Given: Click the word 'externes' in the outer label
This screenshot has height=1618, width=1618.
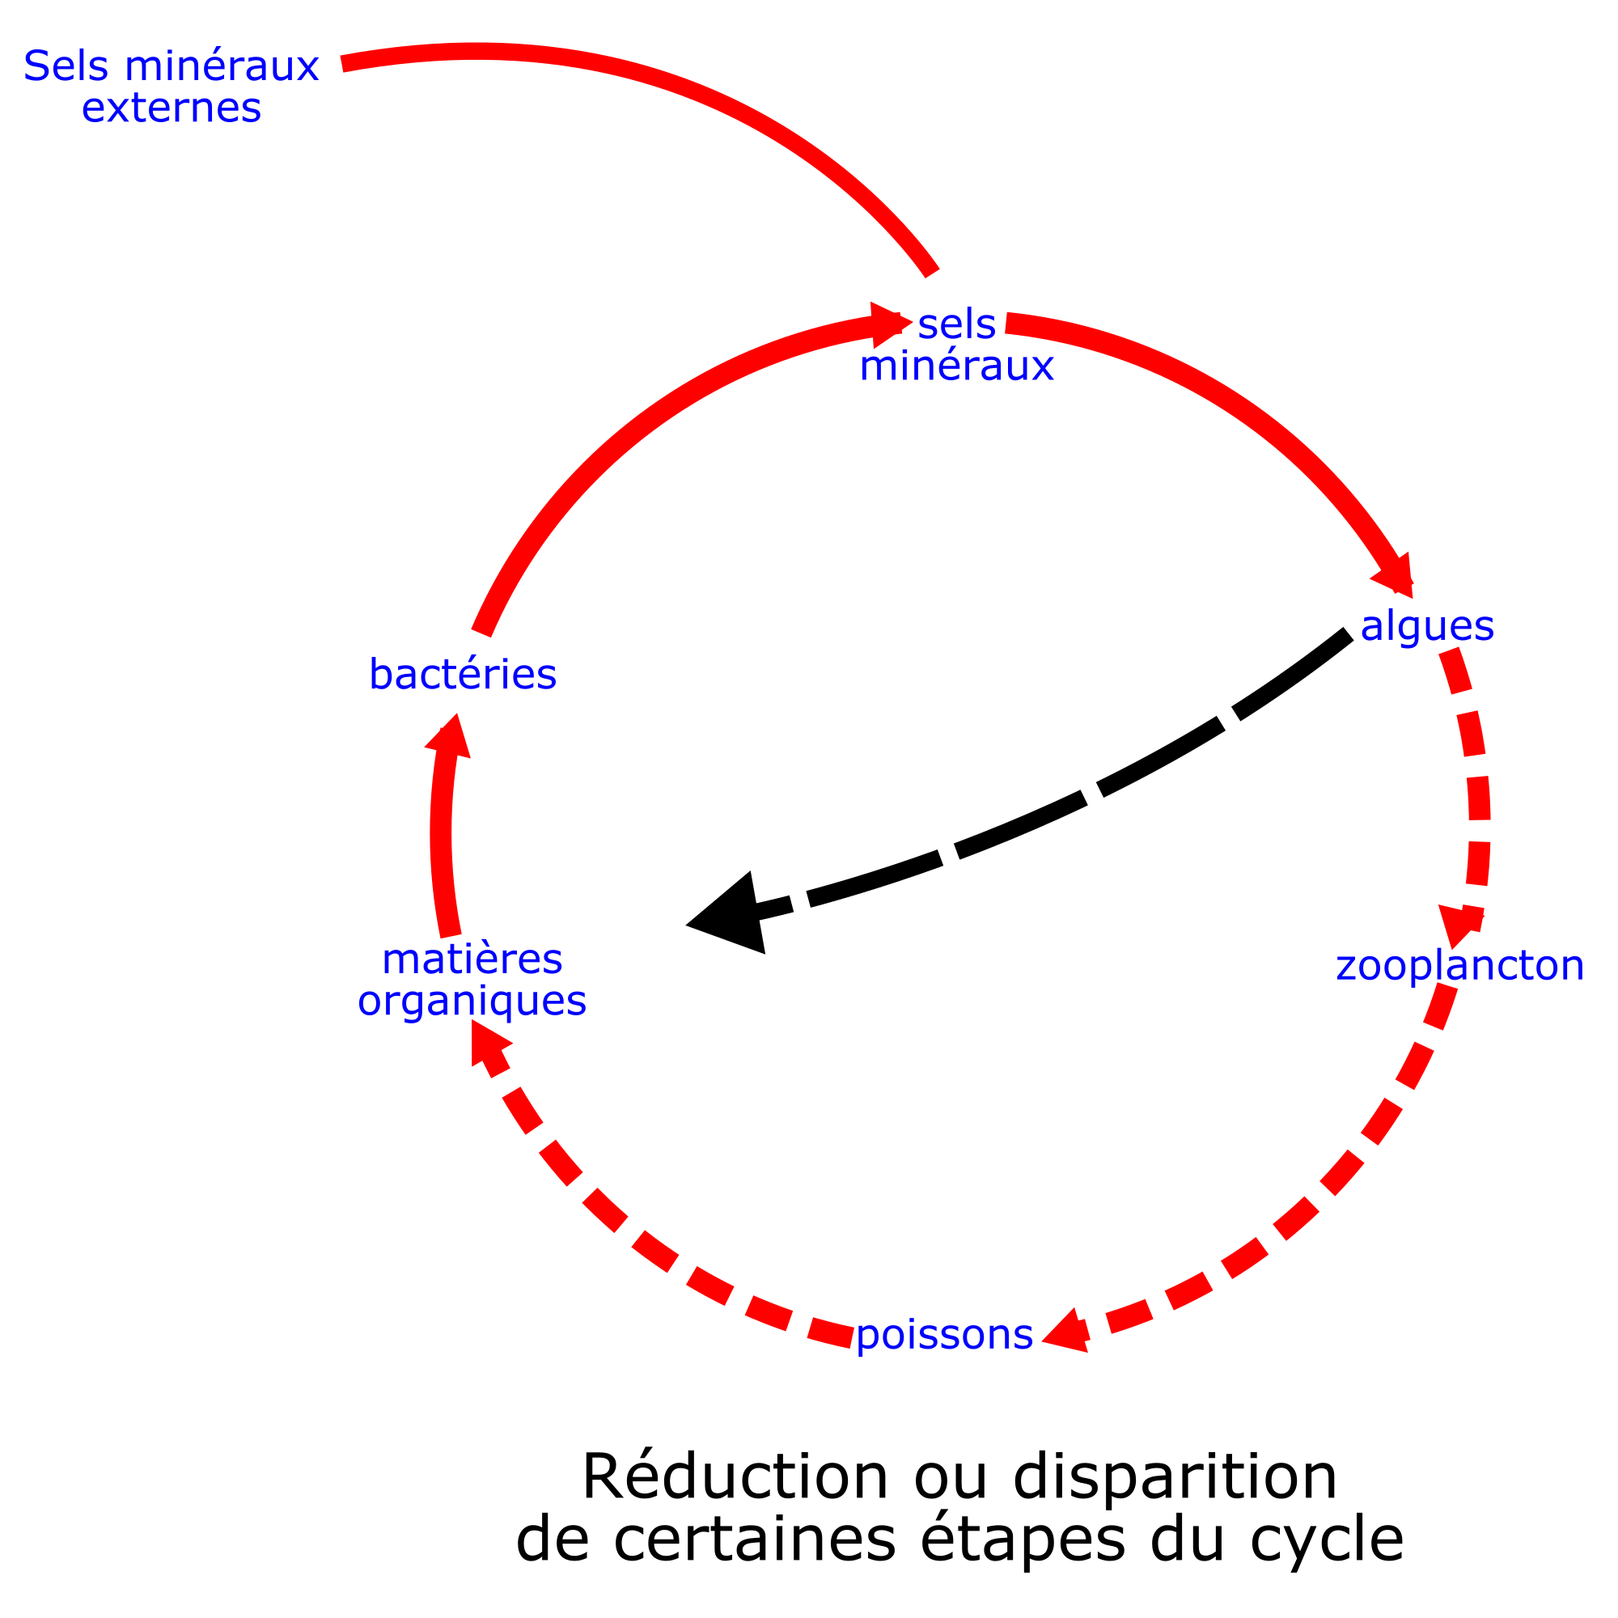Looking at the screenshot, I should click(171, 108).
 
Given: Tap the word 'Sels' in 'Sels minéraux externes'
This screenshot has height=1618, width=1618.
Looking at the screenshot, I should click(66, 66).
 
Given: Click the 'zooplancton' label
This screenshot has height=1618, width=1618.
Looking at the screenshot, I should click(1459, 966).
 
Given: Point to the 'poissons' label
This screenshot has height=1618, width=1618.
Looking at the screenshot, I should click(944, 1334).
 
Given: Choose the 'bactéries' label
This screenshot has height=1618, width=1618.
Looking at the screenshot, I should click(462, 675).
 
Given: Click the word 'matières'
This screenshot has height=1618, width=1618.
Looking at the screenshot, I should click(472, 959).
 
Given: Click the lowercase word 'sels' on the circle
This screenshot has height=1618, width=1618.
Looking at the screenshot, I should click(956, 325).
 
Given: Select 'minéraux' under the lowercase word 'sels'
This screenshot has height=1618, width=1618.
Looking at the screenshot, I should click(956, 366).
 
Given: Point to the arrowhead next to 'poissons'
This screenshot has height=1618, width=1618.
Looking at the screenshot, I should click(1068, 1332).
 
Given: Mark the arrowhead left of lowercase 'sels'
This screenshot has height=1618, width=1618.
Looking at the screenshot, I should click(887, 324).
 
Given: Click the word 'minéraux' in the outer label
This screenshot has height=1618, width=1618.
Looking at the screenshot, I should click(222, 66).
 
